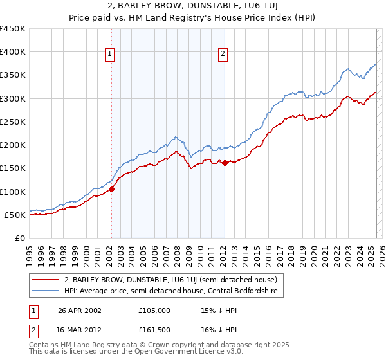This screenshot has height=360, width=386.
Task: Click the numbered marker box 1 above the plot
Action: (x=111, y=55)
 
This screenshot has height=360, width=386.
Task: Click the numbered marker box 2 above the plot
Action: (x=223, y=55)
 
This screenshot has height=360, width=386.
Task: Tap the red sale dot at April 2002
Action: (x=111, y=189)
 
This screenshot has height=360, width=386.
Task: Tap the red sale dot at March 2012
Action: (x=225, y=163)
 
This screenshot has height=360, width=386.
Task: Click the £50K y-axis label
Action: (x=15, y=215)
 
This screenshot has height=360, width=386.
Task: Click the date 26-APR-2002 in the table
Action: (x=80, y=310)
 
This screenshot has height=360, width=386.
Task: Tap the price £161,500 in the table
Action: (x=154, y=331)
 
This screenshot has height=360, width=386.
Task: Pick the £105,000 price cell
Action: (x=154, y=310)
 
